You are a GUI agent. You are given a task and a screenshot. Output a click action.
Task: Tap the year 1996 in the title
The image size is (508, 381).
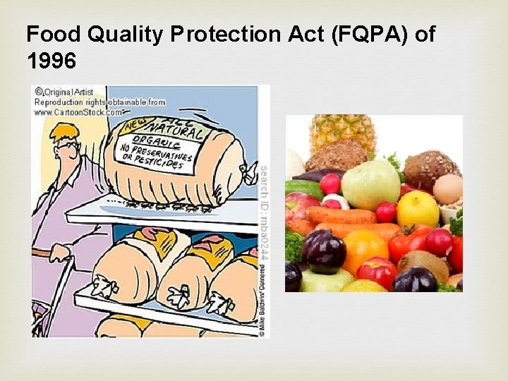pyautogui.click(x=50, y=62)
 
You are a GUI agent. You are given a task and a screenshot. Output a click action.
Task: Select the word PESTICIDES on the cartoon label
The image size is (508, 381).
pyautogui.click(x=159, y=163)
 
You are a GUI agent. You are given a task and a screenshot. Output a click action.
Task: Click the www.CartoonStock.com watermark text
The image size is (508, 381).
pyautogui.click(x=78, y=111)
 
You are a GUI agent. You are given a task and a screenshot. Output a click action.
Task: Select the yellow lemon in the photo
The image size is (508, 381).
pyautogui.click(x=417, y=209)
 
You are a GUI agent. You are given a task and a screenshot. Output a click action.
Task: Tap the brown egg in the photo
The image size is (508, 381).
pyautogui.click(x=447, y=188)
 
